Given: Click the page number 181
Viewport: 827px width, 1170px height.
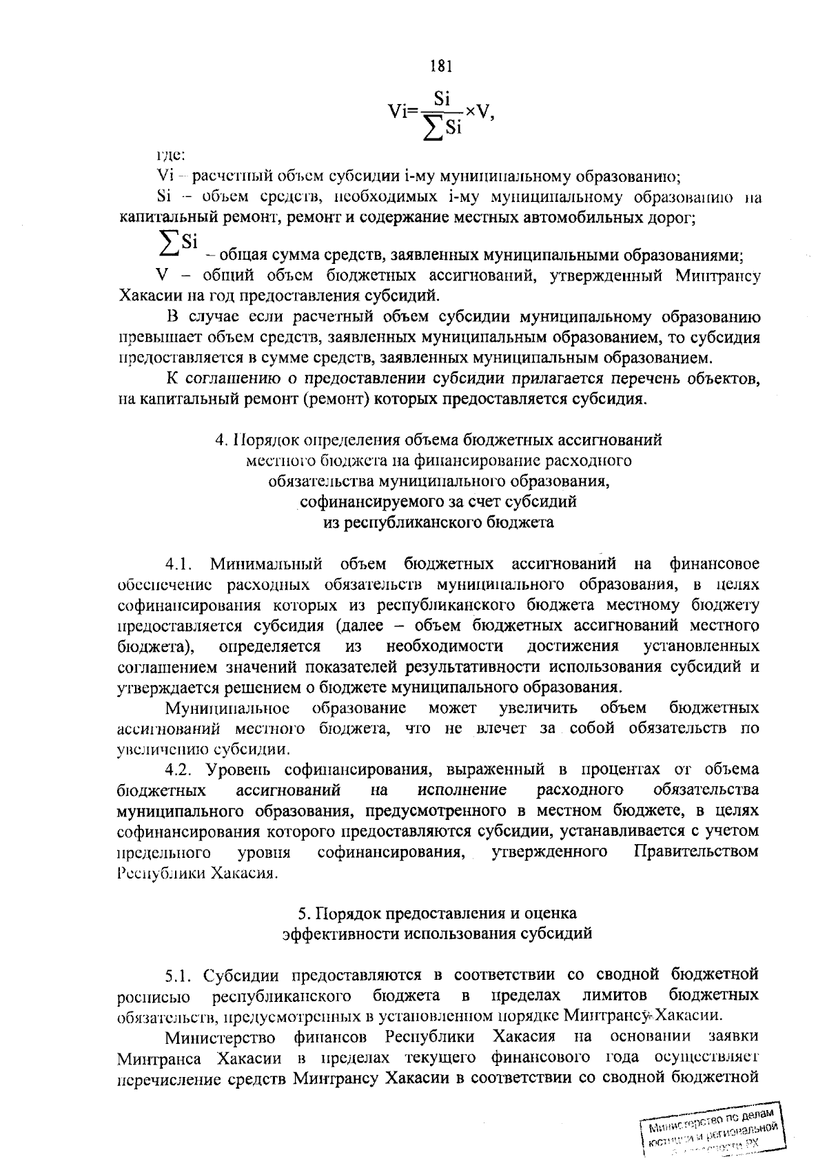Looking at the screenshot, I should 440,66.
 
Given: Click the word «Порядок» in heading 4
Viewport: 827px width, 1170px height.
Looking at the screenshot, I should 269,439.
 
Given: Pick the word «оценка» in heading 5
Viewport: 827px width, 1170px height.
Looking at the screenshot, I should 552,913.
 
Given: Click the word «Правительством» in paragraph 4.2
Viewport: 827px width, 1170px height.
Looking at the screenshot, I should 695,852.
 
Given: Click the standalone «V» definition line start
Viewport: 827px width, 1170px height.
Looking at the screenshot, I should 163,276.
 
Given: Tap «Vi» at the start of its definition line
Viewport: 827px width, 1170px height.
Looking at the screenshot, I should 164,176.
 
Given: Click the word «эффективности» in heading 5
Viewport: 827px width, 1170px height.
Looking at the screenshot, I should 343,934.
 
